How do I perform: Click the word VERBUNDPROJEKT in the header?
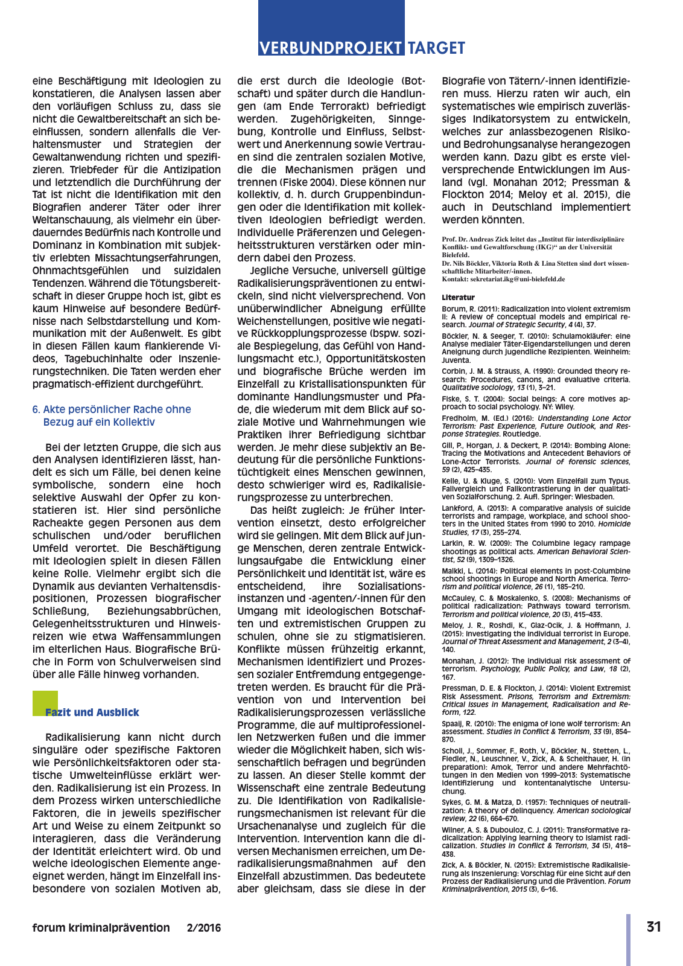331,48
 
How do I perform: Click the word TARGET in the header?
436,48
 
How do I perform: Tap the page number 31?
654,927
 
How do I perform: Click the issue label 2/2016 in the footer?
204,928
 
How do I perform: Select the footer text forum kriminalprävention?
101,928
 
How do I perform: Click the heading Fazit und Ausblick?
92,712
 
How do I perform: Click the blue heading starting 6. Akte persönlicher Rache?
112,415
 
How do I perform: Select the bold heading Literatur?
458,298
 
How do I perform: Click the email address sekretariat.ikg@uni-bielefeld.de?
513,280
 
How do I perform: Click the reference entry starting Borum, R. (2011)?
536,316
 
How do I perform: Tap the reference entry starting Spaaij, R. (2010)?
536,731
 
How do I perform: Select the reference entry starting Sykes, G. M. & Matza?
536,810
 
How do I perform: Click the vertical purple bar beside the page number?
628,939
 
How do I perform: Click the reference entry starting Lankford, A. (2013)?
536,520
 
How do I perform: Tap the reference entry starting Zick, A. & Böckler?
536,877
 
